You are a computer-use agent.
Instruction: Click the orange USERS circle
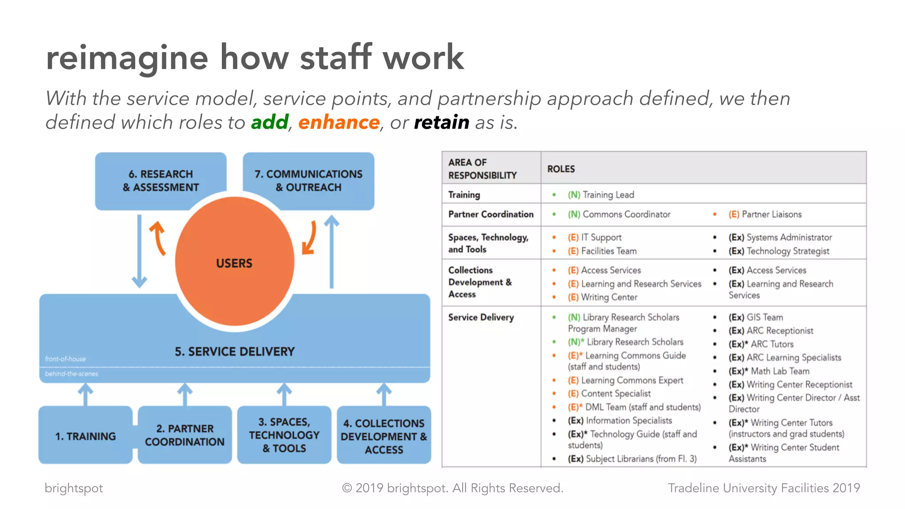[235, 263]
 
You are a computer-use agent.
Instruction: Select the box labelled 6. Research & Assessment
[160, 181]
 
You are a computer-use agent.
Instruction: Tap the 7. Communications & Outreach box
[308, 181]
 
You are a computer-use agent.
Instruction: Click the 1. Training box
[85, 436]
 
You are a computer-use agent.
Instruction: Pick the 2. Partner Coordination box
[185, 435]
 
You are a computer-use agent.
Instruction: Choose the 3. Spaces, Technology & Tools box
[284, 435]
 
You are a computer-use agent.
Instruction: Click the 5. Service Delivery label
[235, 352]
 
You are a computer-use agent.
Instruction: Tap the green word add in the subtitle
[270, 122]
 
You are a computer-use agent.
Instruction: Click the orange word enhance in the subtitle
[338, 122]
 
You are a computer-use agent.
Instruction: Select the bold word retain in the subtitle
[441, 122]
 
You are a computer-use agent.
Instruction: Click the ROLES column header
[561, 169]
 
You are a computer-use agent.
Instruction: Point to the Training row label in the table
[464, 195]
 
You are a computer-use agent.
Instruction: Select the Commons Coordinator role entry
[619, 214]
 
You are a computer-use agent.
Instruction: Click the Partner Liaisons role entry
[765, 214]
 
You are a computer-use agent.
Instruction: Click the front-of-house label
[65, 359]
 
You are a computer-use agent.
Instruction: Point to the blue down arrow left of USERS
[139, 252]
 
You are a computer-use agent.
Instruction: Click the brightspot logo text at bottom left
[74, 488]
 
